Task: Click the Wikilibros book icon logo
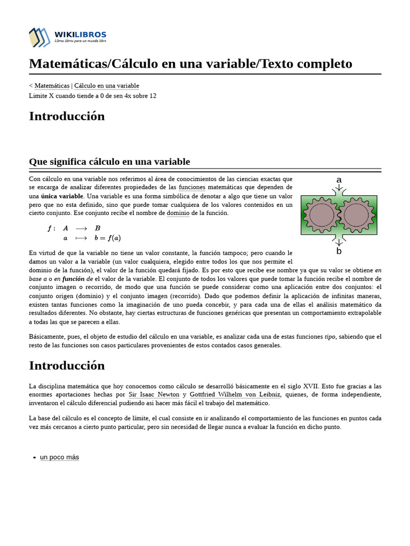40,37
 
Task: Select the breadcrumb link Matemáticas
52,85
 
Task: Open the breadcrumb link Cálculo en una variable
106,85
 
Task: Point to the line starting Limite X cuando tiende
92,95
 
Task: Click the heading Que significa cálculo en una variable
109,162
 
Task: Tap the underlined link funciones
192,187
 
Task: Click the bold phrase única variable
62,196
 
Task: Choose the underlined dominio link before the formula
178,213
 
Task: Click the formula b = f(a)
107,238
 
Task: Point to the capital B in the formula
98,228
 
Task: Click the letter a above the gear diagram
338,180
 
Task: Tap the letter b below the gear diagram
338,251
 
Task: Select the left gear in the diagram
321,215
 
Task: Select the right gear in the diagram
356,215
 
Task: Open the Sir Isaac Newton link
154,395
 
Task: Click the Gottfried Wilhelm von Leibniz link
235,395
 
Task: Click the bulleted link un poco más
59,457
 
